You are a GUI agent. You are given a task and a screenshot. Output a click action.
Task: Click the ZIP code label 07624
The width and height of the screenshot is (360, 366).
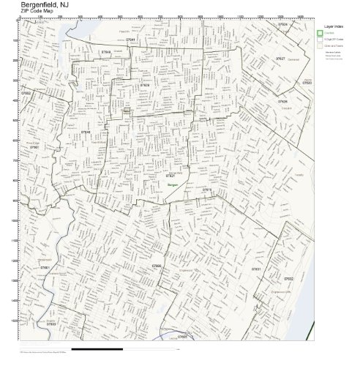[x=282, y=24]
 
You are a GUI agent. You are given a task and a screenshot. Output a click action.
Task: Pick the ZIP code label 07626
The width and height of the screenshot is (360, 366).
[x=282, y=102]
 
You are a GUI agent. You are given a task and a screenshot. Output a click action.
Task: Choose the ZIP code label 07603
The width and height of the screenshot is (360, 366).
[x=51, y=323]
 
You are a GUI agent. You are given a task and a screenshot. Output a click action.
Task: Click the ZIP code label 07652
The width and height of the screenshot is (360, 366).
[x=27, y=94]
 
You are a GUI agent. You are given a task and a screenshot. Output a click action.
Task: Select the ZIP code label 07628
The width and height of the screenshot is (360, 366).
[x=145, y=85]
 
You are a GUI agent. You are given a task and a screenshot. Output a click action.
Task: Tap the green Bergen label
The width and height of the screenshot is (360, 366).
[x=173, y=186]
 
